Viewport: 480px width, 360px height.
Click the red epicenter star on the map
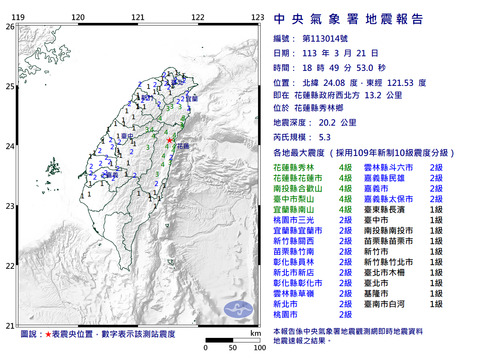tap(171, 138)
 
